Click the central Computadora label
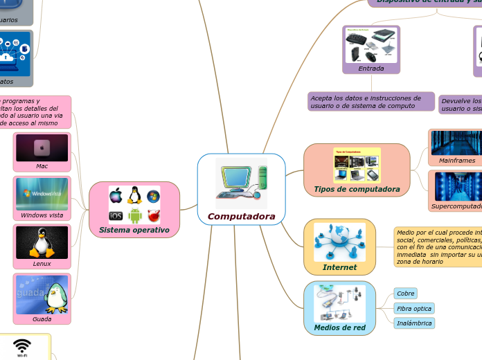point(241,217)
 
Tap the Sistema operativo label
point(134,229)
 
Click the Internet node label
point(339,267)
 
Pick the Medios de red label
point(339,327)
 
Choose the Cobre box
point(405,294)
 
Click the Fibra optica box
point(413,308)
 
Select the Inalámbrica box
point(414,323)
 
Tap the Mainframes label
point(457,161)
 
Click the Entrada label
point(371,69)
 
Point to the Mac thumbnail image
point(42,147)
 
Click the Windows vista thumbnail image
point(42,194)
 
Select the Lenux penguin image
point(42,242)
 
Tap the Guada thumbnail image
point(42,294)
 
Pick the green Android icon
point(134,216)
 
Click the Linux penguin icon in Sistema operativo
point(134,195)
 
